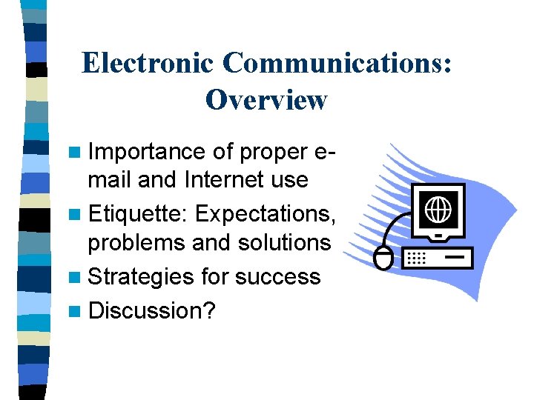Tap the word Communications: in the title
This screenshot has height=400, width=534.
tap(337, 64)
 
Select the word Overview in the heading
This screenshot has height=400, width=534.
tap(266, 99)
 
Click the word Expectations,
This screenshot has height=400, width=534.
tap(265, 214)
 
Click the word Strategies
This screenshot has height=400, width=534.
tap(141, 276)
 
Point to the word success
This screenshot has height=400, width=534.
tap(276, 276)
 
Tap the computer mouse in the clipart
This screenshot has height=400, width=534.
tap(383, 259)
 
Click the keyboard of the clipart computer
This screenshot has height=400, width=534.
tap(437, 258)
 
